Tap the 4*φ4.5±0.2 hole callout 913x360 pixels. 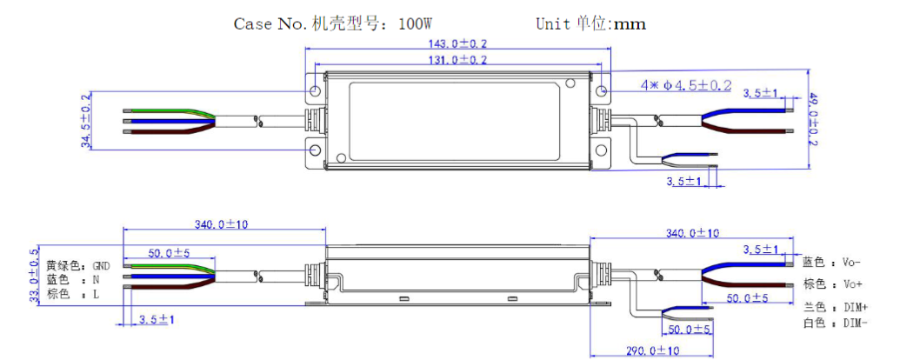(x=686, y=85)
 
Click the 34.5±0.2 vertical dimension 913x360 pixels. (x=87, y=121)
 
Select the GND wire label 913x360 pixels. (x=101, y=265)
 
